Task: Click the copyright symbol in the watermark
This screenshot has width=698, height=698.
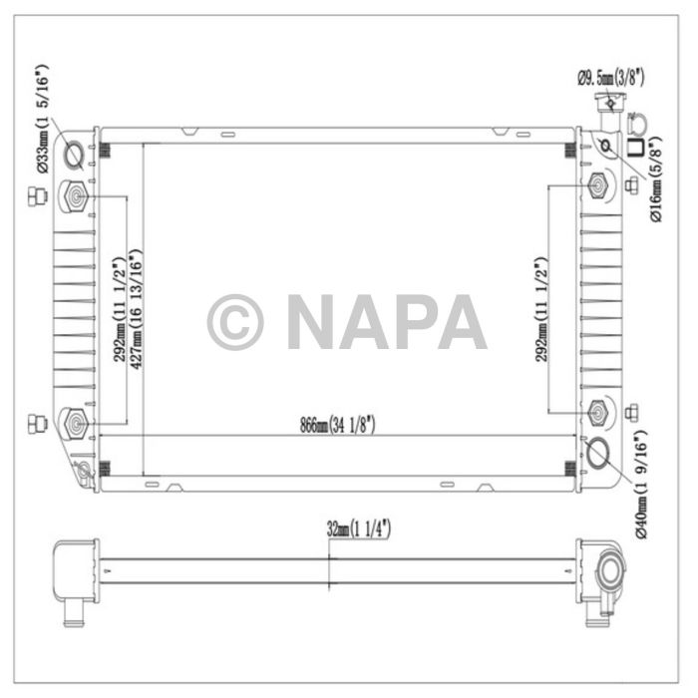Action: pyautogui.click(x=235, y=322)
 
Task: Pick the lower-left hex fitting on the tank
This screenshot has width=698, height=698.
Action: pyautogui.click(x=75, y=423)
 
